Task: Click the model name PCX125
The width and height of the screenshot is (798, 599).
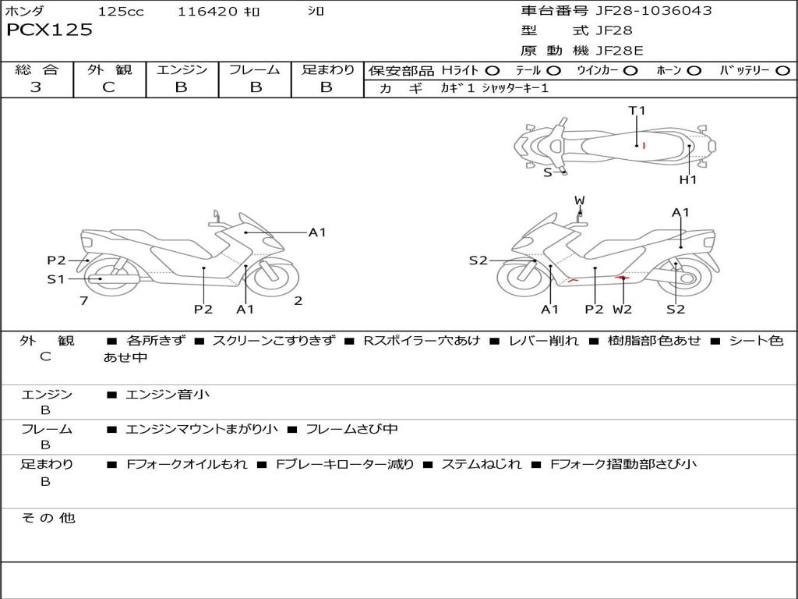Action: (49, 30)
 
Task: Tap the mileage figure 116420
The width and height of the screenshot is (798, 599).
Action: (209, 12)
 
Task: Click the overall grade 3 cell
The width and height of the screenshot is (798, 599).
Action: (36, 87)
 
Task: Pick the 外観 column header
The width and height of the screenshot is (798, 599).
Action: (109, 69)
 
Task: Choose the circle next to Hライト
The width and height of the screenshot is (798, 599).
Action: (493, 70)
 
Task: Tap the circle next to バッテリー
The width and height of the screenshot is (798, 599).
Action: (782, 70)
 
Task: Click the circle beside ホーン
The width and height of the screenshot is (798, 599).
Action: (694, 70)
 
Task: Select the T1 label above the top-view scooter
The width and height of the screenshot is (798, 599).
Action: (637, 111)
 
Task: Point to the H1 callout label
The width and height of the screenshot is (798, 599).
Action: (687, 180)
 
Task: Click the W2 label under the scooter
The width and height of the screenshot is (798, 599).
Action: (622, 310)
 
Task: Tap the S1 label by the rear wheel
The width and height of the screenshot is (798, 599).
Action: (56, 278)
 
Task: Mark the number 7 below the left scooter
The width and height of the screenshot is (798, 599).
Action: (83, 300)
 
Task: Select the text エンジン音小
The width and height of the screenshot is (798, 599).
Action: (168, 395)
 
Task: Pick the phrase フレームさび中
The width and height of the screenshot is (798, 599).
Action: (351, 429)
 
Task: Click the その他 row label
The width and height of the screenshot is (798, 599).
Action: (48, 517)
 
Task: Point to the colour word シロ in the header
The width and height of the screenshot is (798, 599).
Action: (316, 12)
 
